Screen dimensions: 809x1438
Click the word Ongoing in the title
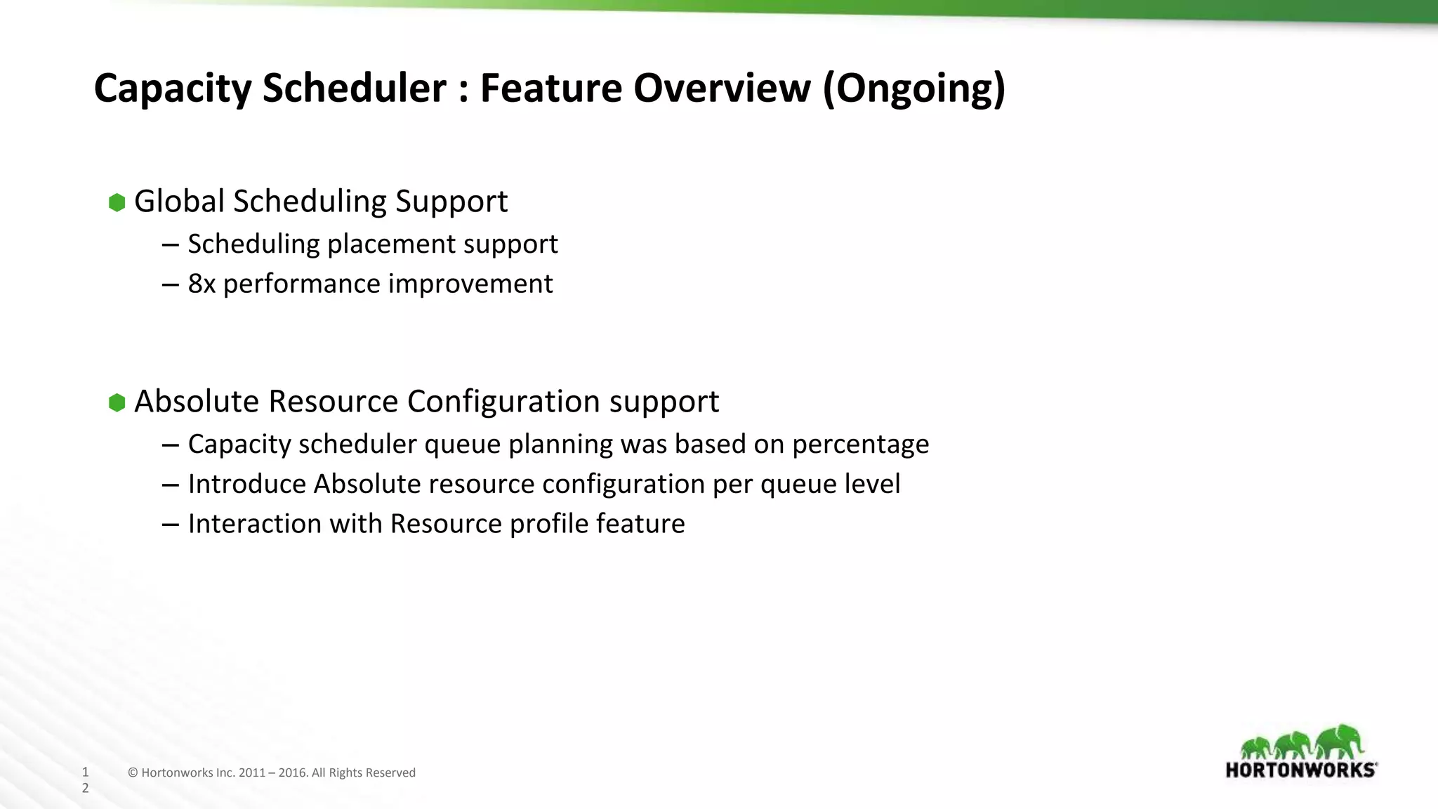pos(914,88)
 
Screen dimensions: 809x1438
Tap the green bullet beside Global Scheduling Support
pos(117,203)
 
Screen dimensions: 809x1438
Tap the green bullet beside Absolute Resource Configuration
pos(117,402)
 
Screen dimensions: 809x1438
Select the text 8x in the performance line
pos(202,284)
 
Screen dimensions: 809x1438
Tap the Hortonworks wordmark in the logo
pos(1300,770)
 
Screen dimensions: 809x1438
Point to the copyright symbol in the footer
pos(133,773)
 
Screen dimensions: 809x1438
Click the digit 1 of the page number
pos(86,772)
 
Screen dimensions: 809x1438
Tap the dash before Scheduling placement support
pos(169,244)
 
